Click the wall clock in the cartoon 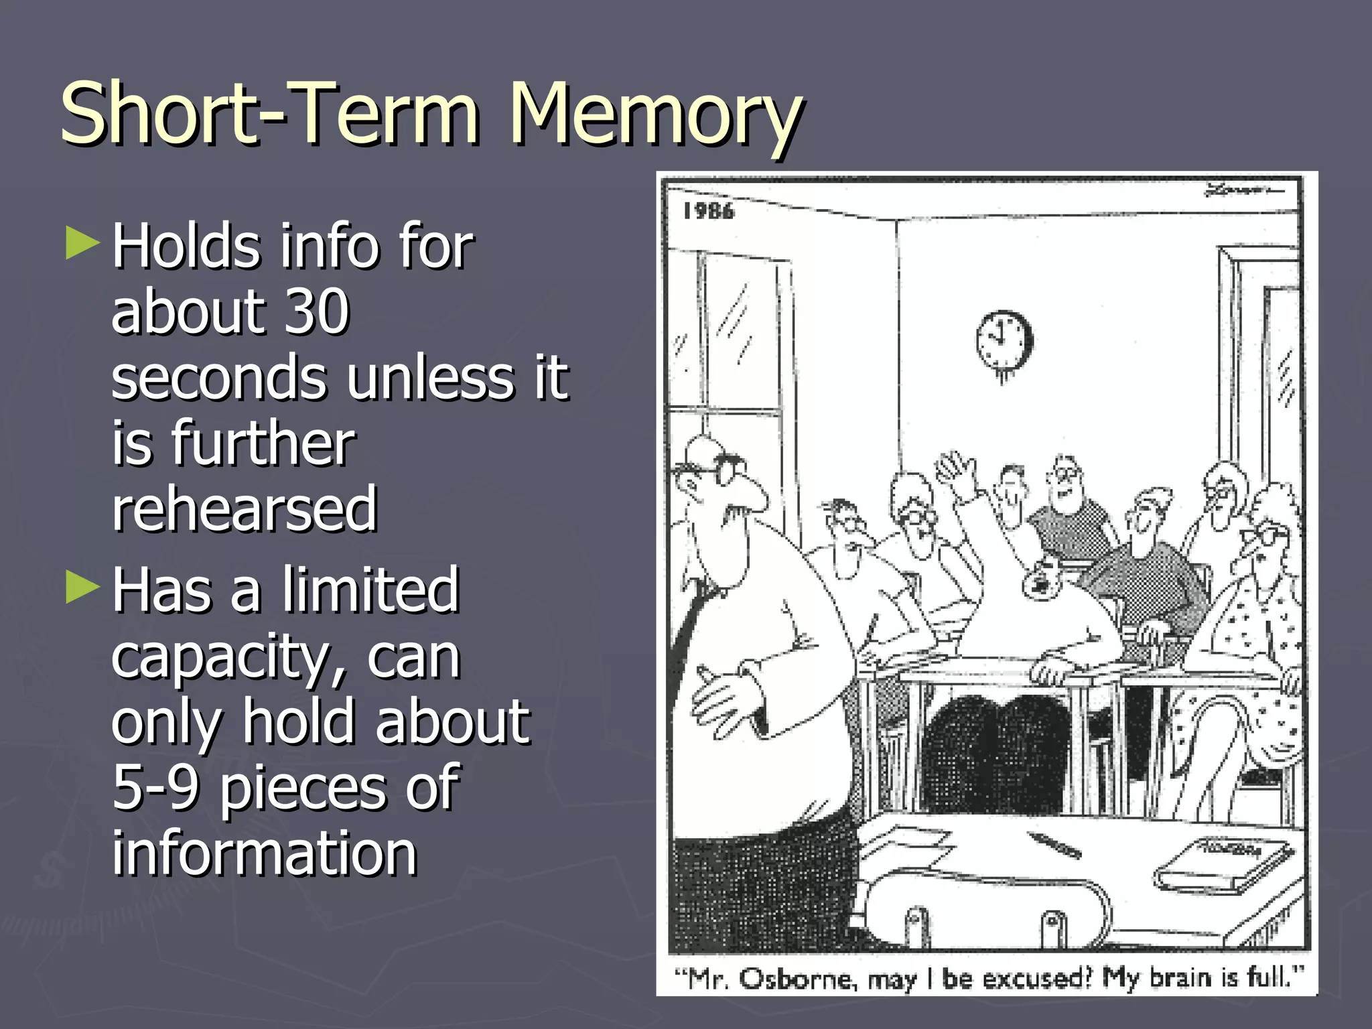[1003, 341]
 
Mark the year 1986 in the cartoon [708, 212]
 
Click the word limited [370, 589]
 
